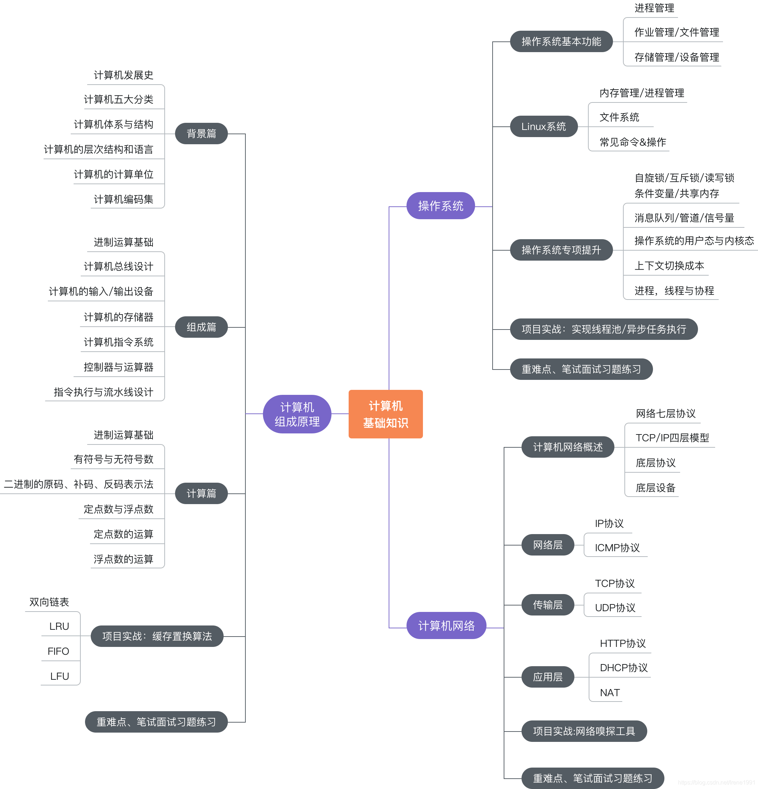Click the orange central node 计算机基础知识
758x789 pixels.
pyautogui.click(x=385, y=414)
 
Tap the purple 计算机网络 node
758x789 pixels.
pyautogui.click(x=446, y=625)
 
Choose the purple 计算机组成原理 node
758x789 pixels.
pyautogui.click(x=297, y=414)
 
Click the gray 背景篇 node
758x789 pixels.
pyautogui.click(x=201, y=134)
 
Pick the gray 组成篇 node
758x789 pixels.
pyautogui.click(x=201, y=327)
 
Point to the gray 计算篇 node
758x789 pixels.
pyautogui.click(x=201, y=493)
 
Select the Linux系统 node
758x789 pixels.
pyautogui.click(x=543, y=126)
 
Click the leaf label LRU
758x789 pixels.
pyautogui.click(x=59, y=626)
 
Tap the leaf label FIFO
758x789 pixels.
pyautogui.click(x=58, y=651)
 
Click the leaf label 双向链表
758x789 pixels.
pyautogui.click(x=49, y=602)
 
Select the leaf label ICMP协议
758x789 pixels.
pyautogui.click(x=617, y=548)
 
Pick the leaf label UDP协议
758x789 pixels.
pyautogui.click(x=615, y=607)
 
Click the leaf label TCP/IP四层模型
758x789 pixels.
pyautogui.click(x=672, y=438)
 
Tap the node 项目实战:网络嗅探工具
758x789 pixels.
pyautogui.click(x=584, y=731)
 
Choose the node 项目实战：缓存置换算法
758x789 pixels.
pyautogui.click(x=157, y=636)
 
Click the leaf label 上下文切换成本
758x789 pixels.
pyautogui.click(x=669, y=266)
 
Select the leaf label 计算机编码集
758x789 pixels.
pyautogui.click(x=123, y=199)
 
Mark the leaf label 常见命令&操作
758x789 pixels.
pyautogui.click(x=632, y=142)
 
